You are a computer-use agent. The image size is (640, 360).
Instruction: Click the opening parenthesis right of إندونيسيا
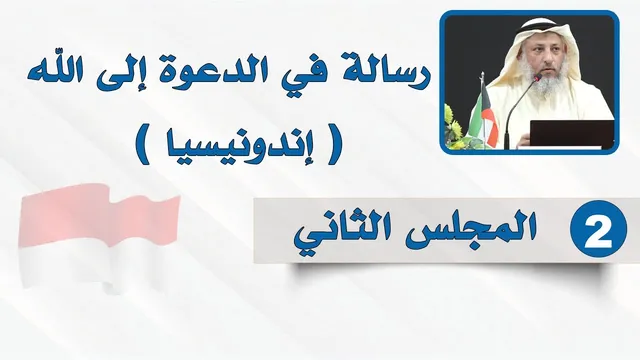[x=333, y=145]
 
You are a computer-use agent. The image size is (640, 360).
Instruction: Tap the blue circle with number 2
[x=598, y=229]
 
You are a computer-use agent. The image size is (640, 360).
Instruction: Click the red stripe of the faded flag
[x=98, y=215]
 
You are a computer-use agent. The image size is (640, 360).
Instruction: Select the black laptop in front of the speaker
[x=572, y=133]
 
